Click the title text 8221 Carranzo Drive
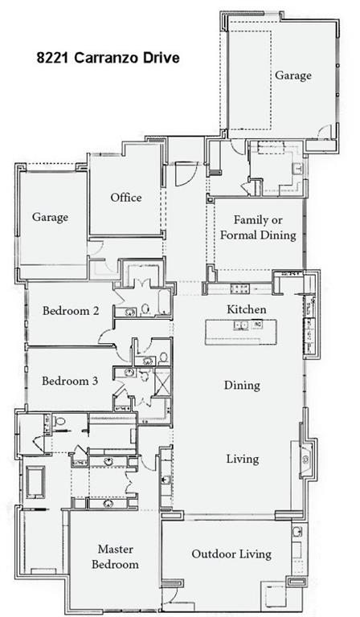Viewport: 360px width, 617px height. [x=108, y=58]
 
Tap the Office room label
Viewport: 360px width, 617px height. [x=126, y=197]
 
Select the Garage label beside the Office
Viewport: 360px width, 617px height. [x=50, y=217]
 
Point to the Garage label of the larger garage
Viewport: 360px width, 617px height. [x=293, y=76]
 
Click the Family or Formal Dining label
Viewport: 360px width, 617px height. [x=258, y=227]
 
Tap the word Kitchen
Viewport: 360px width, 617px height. [x=247, y=309]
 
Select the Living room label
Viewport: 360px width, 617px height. [x=243, y=459]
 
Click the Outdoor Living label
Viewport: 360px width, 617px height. [x=231, y=554]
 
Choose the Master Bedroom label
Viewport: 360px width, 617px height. [x=115, y=557]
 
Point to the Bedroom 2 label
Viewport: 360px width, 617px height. [x=71, y=311]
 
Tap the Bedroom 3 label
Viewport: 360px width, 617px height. [x=70, y=381]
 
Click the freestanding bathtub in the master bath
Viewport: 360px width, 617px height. [x=35, y=482]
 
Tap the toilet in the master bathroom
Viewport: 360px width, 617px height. [x=59, y=422]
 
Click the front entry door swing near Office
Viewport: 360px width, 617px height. [x=186, y=174]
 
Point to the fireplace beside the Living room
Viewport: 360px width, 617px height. [x=305, y=460]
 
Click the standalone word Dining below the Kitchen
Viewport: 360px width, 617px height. [x=242, y=386]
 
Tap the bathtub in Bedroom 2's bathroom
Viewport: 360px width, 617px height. [x=164, y=302]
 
